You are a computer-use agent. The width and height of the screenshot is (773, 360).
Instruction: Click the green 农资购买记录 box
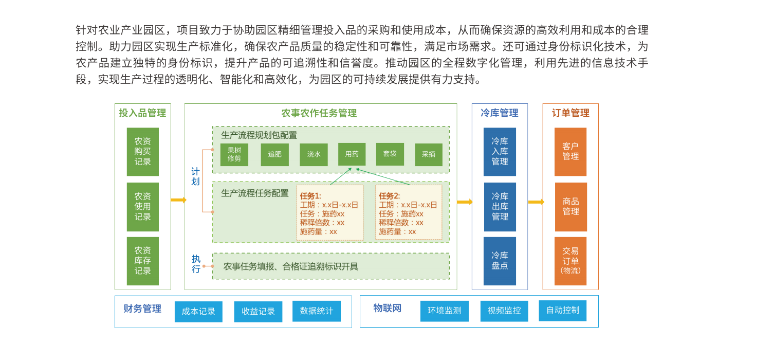(143, 152)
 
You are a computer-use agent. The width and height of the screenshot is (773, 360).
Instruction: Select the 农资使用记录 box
(143, 207)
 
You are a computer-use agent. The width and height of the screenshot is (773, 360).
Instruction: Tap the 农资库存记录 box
(143, 261)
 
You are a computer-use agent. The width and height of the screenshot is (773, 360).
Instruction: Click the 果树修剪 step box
(234, 155)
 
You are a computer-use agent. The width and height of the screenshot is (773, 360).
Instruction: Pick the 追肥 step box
(275, 155)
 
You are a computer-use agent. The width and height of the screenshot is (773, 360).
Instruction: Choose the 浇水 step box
(314, 155)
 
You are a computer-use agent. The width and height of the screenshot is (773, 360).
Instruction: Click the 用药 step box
(352, 154)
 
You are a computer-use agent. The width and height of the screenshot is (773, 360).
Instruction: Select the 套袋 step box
(390, 154)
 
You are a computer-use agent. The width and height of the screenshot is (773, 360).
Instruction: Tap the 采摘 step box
(429, 155)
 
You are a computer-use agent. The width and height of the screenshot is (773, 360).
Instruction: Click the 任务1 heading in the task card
(310, 196)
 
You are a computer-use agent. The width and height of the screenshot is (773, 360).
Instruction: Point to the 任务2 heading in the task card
(389, 196)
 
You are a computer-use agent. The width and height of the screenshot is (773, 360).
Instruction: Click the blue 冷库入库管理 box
(500, 152)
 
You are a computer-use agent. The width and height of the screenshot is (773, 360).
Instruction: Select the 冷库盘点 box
(500, 261)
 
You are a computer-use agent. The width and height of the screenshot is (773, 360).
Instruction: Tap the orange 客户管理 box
(570, 152)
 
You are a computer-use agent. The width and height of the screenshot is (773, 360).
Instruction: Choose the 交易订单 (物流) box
(570, 261)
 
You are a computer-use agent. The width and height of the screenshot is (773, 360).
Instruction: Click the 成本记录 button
(198, 312)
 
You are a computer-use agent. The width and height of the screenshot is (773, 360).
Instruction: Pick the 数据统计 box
(317, 311)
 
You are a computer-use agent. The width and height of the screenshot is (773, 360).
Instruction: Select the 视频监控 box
(504, 311)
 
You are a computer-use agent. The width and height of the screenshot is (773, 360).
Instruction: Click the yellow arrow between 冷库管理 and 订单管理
(536, 202)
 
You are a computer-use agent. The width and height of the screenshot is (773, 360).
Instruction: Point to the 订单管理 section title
(570, 113)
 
